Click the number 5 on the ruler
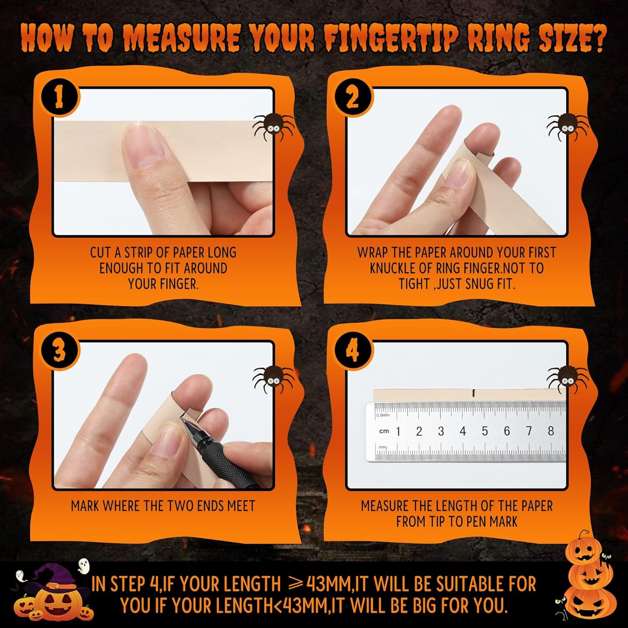(485, 431)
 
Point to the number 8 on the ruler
(551, 430)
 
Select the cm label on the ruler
(384, 431)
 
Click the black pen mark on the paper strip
(473, 393)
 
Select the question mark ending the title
(596, 38)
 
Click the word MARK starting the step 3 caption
(85, 506)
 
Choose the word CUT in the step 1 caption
(100, 252)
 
